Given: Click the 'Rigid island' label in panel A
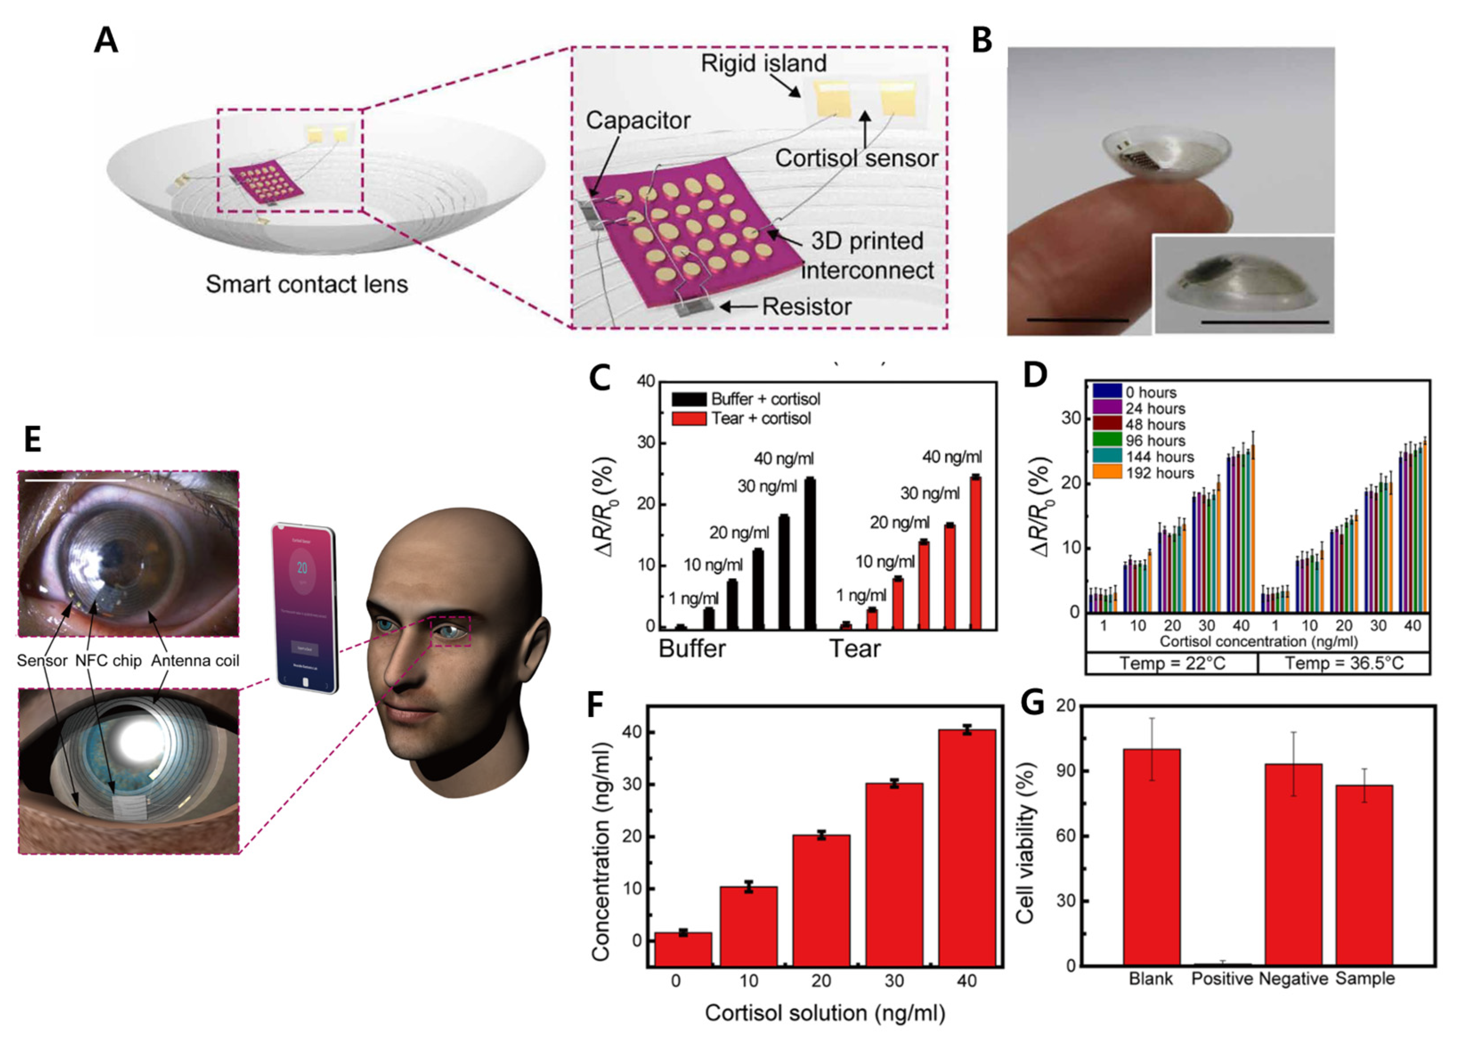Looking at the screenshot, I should coord(763,63).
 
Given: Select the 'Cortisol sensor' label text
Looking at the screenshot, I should coord(856,158).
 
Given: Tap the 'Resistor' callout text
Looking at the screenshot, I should coord(806,307).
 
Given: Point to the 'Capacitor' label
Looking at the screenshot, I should coord(638,120).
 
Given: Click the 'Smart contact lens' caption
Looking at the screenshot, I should coord(307,284).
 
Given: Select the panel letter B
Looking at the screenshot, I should coord(982,41).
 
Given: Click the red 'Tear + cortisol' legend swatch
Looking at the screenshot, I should coord(689,418).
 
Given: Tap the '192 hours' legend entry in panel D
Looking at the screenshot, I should coord(1160,473).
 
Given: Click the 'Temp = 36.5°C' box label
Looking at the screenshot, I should coord(1344,663).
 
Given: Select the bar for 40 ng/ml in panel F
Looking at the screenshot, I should coord(967,848).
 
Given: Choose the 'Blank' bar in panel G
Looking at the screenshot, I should coord(1151,857).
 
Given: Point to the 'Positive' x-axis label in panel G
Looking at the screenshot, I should coord(1222,979).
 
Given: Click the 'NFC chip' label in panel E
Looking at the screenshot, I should coord(108,661).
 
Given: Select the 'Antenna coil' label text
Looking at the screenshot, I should coord(195,661).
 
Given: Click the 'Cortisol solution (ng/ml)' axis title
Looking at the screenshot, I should coord(825,1013).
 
